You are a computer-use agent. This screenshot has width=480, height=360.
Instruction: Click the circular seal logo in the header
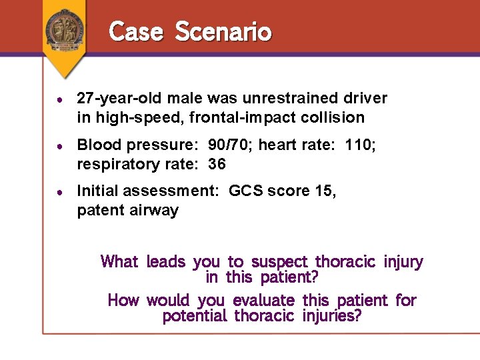(65, 29)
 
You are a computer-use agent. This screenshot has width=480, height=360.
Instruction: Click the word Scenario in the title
(223, 31)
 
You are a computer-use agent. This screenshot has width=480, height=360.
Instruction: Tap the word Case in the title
(136, 31)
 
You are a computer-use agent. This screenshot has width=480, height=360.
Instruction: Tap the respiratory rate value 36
(217, 164)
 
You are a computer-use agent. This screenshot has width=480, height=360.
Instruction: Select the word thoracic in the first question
(346, 262)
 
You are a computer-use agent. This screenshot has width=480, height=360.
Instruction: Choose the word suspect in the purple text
(279, 262)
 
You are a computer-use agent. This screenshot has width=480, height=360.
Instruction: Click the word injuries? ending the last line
(331, 315)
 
